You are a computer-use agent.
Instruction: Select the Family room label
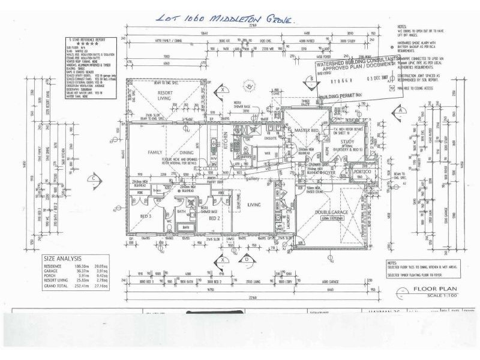pos(156,153)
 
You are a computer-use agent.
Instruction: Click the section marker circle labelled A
pos(399,110)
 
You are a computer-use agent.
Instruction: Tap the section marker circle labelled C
pos(95,178)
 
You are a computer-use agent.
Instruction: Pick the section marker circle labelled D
pos(247,259)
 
